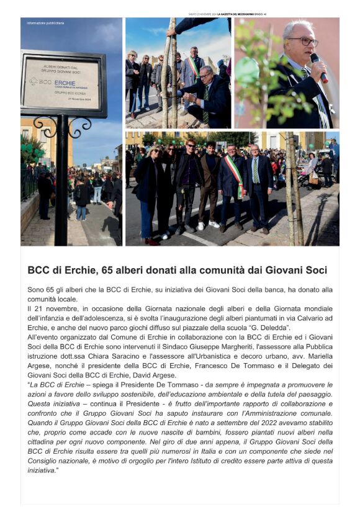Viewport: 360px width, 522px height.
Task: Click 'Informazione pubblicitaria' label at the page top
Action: click(45, 23)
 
